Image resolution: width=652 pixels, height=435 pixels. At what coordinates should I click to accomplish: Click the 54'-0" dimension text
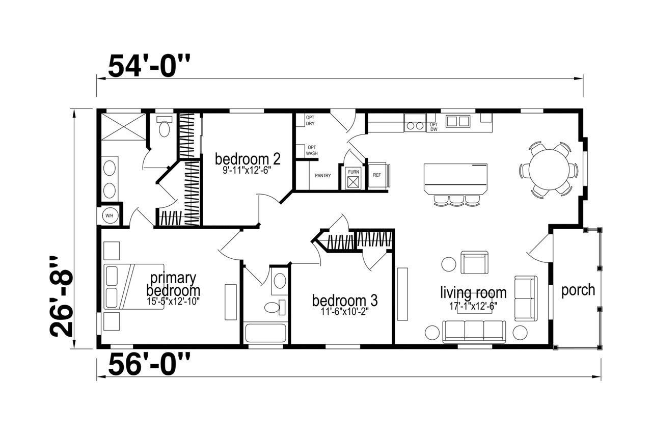pyautogui.click(x=149, y=66)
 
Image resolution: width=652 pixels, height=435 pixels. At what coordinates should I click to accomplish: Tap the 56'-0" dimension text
pyautogui.click(x=149, y=364)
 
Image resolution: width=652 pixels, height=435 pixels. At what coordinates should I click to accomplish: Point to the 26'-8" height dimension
pyautogui.click(x=61, y=296)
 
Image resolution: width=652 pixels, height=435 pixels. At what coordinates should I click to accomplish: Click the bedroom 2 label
pyautogui.click(x=248, y=159)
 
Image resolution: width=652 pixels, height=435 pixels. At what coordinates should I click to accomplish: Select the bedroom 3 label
pyautogui.click(x=345, y=301)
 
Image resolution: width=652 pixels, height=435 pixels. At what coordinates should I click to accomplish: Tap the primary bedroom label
pyautogui.click(x=173, y=284)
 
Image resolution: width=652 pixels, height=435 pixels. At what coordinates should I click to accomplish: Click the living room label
pyautogui.click(x=473, y=292)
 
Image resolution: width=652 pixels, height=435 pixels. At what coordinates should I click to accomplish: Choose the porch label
pyautogui.click(x=578, y=290)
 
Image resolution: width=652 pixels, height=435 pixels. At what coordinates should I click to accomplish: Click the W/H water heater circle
pyautogui.click(x=110, y=216)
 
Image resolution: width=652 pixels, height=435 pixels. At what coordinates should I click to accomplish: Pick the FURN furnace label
pyautogui.click(x=354, y=172)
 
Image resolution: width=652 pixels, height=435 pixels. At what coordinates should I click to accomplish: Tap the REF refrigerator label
pyautogui.click(x=377, y=175)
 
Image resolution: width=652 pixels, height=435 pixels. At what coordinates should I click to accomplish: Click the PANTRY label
pyautogui.click(x=323, y=176)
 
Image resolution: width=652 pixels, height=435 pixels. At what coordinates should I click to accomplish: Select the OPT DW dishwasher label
pyautogui.click(x=433, y=127)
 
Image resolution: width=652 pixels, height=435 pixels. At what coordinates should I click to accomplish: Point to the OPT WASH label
pyautogui.click(x=312, y=151)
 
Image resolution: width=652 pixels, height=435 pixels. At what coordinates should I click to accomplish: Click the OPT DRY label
pyautogui.click(x=310, y=121)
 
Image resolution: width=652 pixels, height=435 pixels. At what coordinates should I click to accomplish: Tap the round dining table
pyautogui.click(x=549, y=170)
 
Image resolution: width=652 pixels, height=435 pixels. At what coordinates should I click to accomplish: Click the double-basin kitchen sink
pyautogui.click(x=458, y=121)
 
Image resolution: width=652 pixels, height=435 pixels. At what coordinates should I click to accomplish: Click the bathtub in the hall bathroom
pyautogui.click(x=265, y=333)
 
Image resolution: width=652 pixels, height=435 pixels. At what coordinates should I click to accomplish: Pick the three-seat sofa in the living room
pyautogui.click(x=474, y=332)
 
